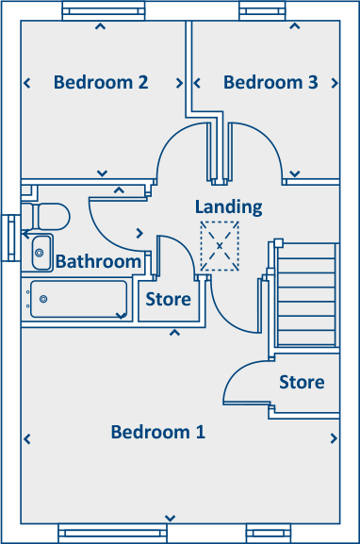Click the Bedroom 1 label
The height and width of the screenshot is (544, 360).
[157, 433]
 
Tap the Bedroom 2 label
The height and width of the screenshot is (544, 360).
[101, 82]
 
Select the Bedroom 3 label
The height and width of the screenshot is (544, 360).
[270, 82]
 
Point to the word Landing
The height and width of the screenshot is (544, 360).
[229, 206]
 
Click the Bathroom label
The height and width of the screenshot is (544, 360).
[98, 261]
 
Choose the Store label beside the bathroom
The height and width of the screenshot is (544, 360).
[168, 300]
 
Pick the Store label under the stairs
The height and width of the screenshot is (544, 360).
[302, 382]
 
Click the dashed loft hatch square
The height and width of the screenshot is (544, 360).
[220, 246]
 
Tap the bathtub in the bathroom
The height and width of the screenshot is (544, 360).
[78, 300]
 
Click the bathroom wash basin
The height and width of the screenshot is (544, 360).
[41, 251]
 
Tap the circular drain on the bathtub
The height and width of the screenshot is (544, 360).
[43, 299]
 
